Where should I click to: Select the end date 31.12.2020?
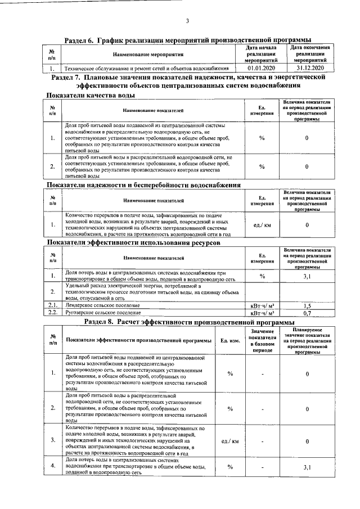pos(308,68)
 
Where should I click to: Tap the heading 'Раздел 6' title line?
pos(187,40)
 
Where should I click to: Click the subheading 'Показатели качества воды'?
pos(90,96)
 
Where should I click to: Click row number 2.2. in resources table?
pos(52,312)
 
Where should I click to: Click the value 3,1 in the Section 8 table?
pos(307,467)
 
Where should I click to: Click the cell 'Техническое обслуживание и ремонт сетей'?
pos(146,68)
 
